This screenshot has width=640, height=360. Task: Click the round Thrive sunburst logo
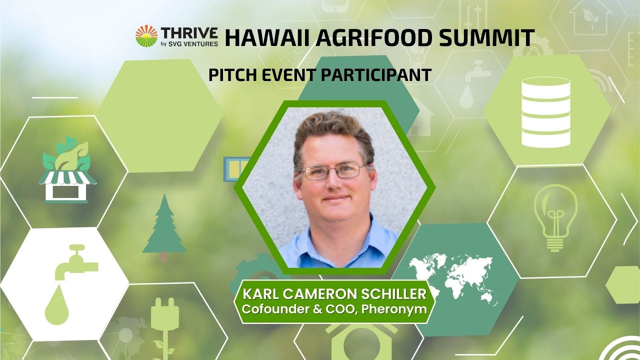coord(146,36)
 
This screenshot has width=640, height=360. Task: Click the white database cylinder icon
coord(545,112)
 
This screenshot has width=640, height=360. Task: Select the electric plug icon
coord(164,320)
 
